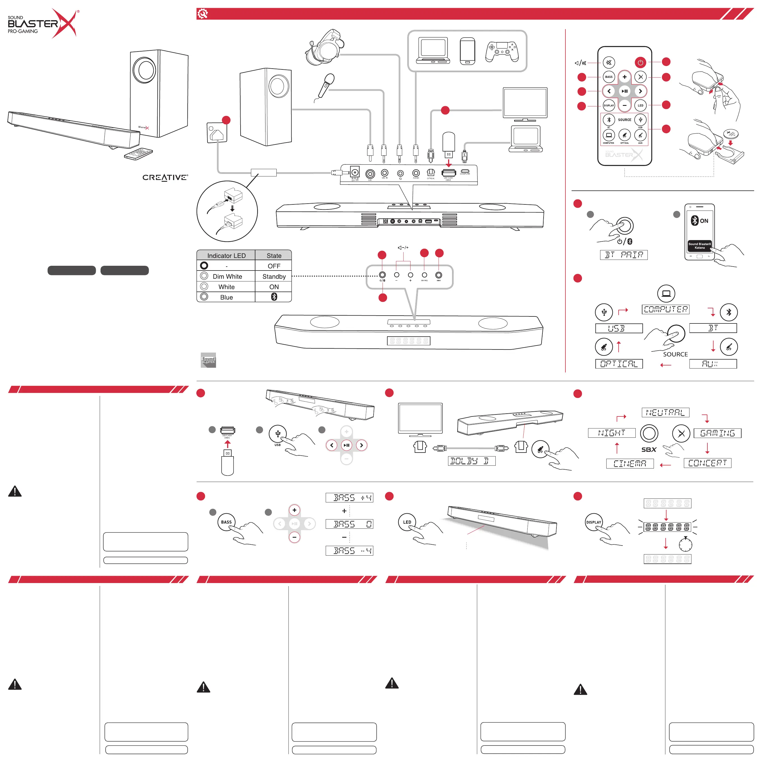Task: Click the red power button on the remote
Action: tap(640, 62)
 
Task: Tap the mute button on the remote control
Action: tap(609, 62)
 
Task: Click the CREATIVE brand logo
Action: tap(165, 178)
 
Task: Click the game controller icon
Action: tap(502, 51)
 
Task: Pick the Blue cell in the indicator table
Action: tap(226, 297)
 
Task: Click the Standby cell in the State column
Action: tap(274, 276)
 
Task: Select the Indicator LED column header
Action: tap(226, 256)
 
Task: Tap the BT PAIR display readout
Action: tap(624, 255)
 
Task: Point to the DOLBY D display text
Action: tap(472, 461)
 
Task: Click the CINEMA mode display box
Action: tap(630, 463)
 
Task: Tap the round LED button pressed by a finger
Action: tap(407, 522)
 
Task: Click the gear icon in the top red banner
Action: tap(203, 14)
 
